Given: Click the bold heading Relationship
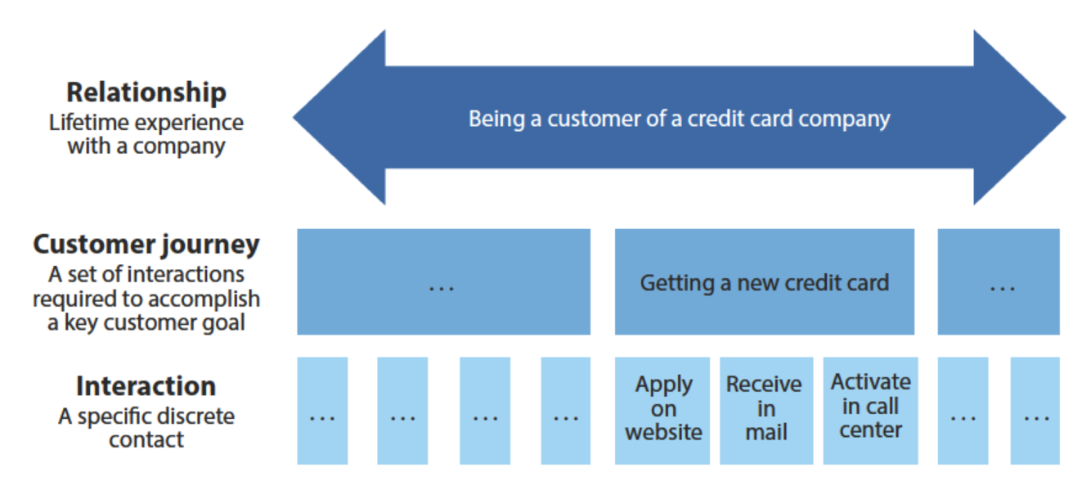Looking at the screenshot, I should click(x=146, y=92).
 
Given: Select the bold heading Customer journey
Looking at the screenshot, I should click(x=146, y=245).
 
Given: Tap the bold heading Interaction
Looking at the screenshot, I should click(x=146, y=386).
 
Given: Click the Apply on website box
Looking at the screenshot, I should click(x=663, y=410).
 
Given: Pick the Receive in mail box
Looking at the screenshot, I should click(x=765, y=410).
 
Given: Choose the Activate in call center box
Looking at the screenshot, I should click(x=870, y=410).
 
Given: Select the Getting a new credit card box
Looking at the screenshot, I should click(x=764, y=282).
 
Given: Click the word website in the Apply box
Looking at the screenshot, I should click(x=663, y=431).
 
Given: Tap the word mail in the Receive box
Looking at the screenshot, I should click(x=765, y=431).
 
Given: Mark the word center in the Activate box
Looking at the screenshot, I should click(x=870, y=430).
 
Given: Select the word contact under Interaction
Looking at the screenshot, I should click(x=146, y=439).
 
